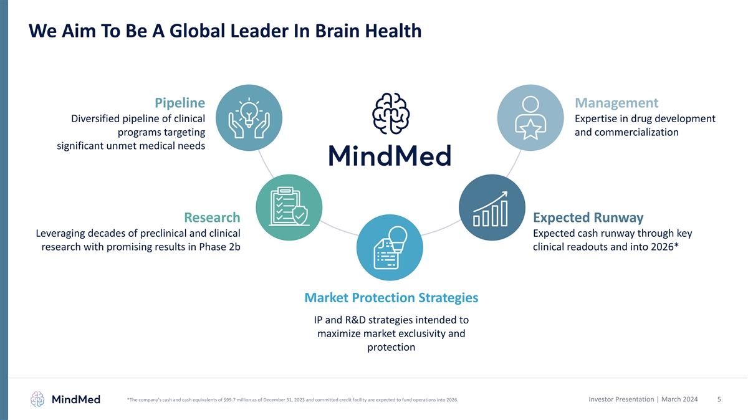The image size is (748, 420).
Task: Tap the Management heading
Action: coord(616,102)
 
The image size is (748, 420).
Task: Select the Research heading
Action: coord(212,217)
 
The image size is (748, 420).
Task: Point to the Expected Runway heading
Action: coord(588,217)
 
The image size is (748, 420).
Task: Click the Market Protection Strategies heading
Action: coord(391,298)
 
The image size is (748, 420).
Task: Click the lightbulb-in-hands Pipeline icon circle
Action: coord(249,117)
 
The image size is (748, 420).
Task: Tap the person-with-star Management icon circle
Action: coord(530,117)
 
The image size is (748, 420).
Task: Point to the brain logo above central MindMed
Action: coord(390,114)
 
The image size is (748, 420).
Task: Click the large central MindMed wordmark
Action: coord(390,156)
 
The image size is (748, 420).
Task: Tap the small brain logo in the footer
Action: coord(37,399)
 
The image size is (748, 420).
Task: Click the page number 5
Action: coord(719,399)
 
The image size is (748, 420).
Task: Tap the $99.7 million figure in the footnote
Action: coord(237,400)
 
